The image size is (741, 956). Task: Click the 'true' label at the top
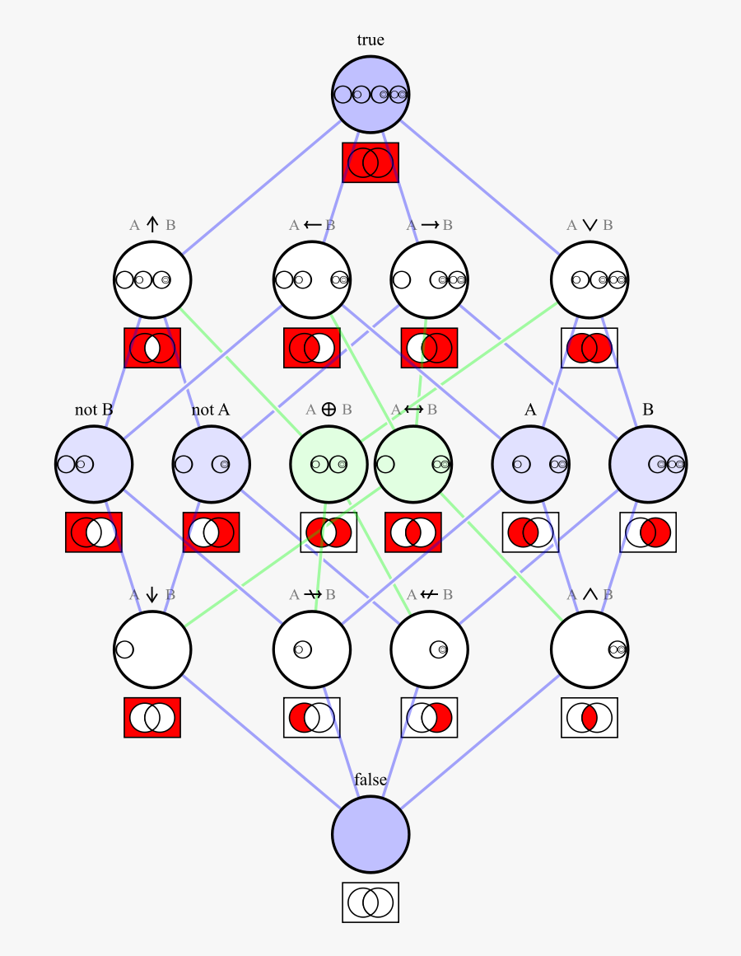pyautogui.click(x=370, y=40)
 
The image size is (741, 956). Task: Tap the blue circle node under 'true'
pyautogui.click(x=370, y=94)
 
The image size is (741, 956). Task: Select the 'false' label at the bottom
pyautogui.click(x=370, y=780)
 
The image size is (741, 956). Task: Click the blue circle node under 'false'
pyautogui.click(x=370, y=834)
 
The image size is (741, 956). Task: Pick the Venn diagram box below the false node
pyautogui.click(x=370, y=902)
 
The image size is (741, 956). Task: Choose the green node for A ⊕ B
pyautogui.click(x=328, y=464)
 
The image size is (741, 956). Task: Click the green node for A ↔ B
pyautogui.click(x=412, y=464)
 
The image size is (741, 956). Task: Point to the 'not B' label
pyautogui.click(x=93, y=410)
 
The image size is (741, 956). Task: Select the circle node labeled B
pyautogui.click(x=648, y=464)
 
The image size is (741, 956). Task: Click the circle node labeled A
pyautogui.click(x=530, y=464)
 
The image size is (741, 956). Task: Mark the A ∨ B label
pyautogui.click(x=590, y=224)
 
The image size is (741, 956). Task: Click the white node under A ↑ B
pyautogui.click(x=152, y=279)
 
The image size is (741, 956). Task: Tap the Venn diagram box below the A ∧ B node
pyautogui.click(x=590, y=718)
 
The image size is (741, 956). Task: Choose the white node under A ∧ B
pyautogui.click(x=590, y=649)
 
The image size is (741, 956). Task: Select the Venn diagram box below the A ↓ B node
pyautogui.click(x=152, y=718)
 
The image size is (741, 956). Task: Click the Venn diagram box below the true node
pyautogui.click(x=370, y=162)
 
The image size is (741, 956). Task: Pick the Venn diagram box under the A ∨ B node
pyautogui.click(x=590, y=348)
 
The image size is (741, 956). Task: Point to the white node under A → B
pyautogui.click(x=429, y=279)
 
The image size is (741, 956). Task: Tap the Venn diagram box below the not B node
pyautogui.click(x=93, y=532)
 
